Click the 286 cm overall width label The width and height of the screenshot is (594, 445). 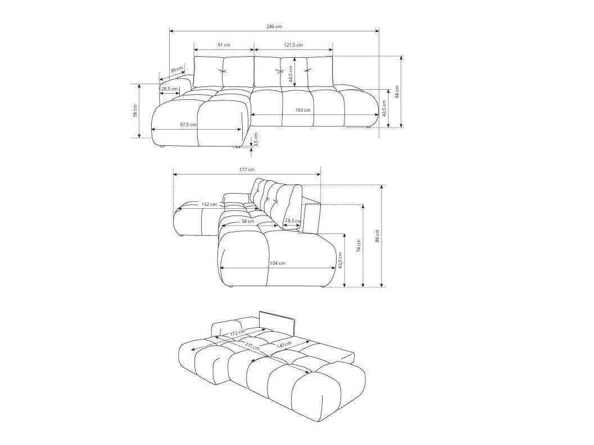(274, 26)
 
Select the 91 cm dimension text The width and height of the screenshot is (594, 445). (224, 45)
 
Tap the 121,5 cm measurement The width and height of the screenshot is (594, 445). (293, 45)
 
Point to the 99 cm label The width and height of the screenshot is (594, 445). (176, 70)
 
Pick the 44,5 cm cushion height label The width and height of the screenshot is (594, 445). (291, 74)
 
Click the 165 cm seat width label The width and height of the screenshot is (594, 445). (302, 110)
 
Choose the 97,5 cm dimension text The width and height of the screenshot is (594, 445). (188, 125)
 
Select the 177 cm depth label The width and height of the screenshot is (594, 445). (247, 169)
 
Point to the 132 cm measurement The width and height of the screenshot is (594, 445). (209, 204)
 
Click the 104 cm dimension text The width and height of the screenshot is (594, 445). (278, 263)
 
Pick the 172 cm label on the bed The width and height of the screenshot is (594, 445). (237, 333)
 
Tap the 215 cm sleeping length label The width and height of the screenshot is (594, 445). (252, 346)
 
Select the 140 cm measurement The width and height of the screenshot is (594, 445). (284, 344)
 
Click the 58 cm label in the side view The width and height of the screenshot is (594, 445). (248, 221)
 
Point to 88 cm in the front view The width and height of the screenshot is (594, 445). (397, 91)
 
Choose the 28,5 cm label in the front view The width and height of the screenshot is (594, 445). (169, 89)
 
